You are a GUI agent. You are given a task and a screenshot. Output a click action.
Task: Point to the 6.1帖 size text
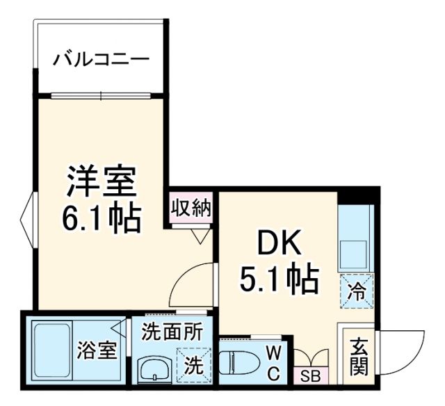tap(102, 218)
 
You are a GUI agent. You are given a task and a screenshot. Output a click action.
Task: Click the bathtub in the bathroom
tap(53, 351)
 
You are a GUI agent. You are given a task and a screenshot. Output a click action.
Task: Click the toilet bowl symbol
tap(240, 362)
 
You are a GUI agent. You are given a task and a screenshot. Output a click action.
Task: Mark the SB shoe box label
tap(310, 377)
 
